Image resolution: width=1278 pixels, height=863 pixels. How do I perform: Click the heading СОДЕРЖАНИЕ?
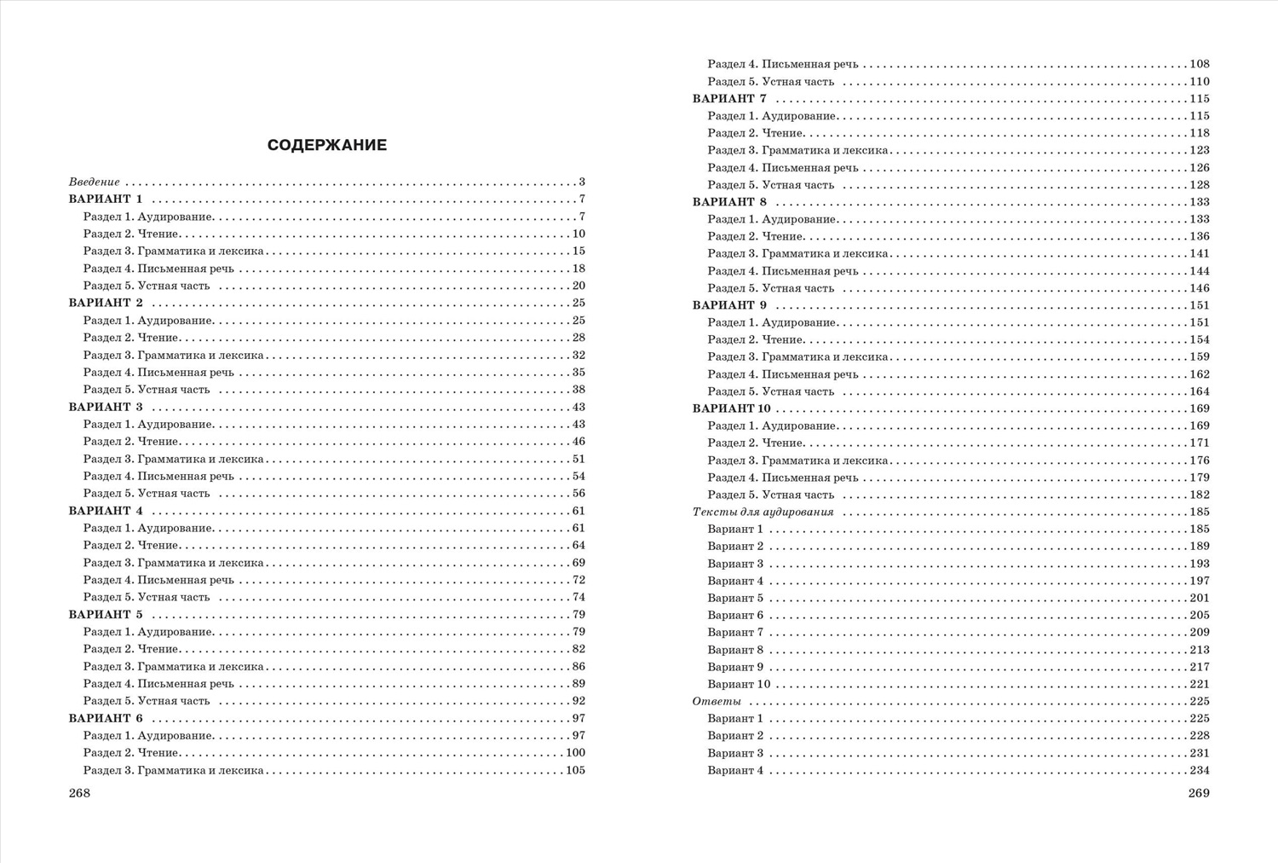(327, 145)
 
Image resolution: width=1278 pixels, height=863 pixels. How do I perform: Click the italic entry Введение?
(95, 182)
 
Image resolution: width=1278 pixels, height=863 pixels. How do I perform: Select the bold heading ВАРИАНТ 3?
(106, 408)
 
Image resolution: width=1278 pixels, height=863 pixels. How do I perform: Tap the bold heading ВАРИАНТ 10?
(732, 408)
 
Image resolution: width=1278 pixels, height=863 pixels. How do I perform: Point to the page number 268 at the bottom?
(79, 793)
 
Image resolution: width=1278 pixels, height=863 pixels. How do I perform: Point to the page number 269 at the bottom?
(1199, 793)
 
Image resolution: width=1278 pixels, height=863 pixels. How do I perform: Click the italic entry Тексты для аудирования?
(763, 513)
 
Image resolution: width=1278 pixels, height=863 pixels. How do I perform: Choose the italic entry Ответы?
(717, 702)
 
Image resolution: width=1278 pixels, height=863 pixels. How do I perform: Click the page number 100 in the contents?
(575, 753)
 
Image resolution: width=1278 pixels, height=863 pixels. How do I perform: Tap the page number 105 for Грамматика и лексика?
(575, 771)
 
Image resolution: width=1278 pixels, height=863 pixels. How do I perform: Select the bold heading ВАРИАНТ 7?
(730, 99)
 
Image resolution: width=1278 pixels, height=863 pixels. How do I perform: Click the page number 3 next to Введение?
(582, 182)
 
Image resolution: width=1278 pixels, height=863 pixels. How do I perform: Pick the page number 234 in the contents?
(1200, 771)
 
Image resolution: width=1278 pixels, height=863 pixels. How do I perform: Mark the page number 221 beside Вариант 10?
(1200, 685)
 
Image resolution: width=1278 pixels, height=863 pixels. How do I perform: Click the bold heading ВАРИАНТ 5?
(106, 615)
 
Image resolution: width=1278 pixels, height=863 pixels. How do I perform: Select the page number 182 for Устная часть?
(1200, 495)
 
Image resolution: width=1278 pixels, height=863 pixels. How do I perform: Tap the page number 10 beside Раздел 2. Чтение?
(579, 235)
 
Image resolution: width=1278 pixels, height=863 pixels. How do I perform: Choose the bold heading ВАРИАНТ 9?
(730, 305)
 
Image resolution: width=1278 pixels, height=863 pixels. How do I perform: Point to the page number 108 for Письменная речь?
(1200, 65)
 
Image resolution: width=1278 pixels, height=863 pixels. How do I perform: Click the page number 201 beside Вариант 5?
(1200, 599)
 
